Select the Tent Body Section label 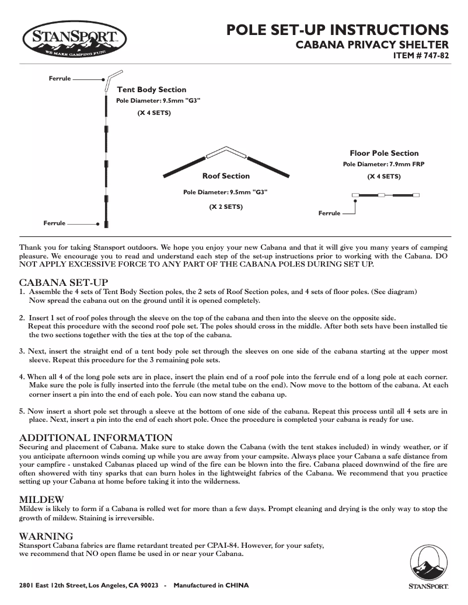pyautogui.click(x=152, y=90)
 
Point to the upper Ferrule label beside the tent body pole pyautogui.click(x=60, y=78)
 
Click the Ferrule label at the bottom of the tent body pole pyautogui.click(x=54, y=223)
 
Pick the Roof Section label pyautogui.click(x=226, y=176)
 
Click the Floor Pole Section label pyautogui.click(x=384, y=153)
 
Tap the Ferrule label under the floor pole pyautogui.click(x=329, y=214)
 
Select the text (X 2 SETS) pyautogui.click(x=226, y=207)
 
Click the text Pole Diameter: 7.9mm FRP pyautogui.click(x=383, y=165)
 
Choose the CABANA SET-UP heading pyautogui.click(x=64, y=282)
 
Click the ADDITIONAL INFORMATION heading pyautogui.click(x=96, y=438)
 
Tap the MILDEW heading pyautogui.click(x=41, y=499)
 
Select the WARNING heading pyautogui.click(x=46, y=536)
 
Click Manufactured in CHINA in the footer pyautogui.click(x=211, y=585)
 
